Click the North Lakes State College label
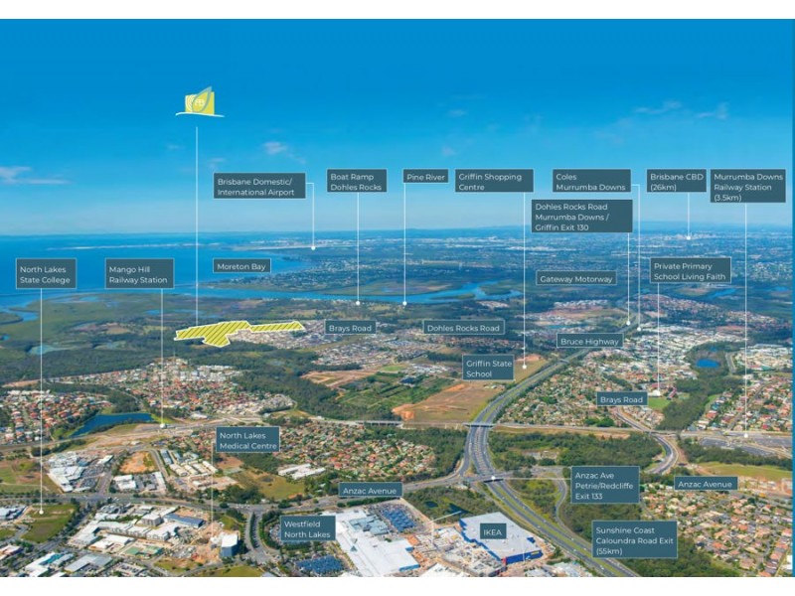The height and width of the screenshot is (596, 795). coord(46,273)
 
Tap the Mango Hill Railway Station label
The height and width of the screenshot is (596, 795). coord(139,273)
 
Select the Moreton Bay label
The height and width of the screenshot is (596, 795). coord(241,266)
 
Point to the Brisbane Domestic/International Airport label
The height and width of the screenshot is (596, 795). coord(259,186)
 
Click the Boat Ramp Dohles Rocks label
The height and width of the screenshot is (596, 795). coord(357,181)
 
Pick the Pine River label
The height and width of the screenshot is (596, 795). coord(426,177)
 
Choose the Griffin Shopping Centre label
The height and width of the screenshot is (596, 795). coord(494,181)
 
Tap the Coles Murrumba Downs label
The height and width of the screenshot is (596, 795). coord(591,181)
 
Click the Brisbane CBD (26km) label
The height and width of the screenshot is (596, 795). coord(676,181)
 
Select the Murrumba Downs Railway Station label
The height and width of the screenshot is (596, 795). coord(748,186)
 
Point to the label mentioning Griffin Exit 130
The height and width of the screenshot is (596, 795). coord(581,216)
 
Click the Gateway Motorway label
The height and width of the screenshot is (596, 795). coord(576,279)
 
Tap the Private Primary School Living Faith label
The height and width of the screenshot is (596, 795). coord(691,270)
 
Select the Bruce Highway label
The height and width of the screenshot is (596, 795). coord(589,341)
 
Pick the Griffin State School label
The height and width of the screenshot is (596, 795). coord(489,368)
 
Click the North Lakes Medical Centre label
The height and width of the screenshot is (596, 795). coord(247,440)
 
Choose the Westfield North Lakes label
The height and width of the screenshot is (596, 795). coord(307,527)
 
